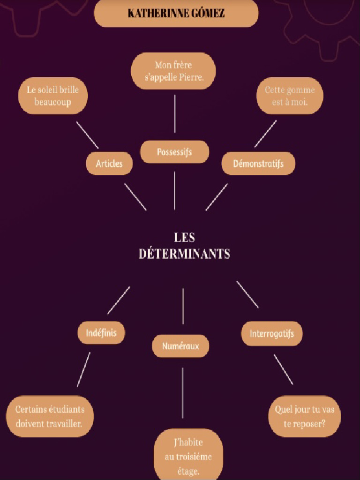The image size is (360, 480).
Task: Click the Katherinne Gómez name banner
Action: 176,13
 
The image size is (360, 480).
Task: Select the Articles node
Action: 109,164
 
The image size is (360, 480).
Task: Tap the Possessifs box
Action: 174,152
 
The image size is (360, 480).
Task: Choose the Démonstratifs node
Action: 258,164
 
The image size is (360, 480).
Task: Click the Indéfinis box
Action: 101,333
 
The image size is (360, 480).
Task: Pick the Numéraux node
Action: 180,346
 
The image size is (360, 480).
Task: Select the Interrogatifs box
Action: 272,334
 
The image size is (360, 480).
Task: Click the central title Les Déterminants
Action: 184,246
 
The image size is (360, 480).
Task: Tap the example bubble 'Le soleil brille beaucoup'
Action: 53,96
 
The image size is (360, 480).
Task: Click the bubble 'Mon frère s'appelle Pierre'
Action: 173,71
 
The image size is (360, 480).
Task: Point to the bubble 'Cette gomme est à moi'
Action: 290,96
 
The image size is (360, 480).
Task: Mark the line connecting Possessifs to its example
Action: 175,114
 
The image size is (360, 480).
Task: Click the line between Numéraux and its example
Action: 182,393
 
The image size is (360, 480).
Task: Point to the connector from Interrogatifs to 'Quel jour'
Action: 283,369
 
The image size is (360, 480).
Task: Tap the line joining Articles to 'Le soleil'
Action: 87,135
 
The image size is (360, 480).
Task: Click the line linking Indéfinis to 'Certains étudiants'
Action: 83,369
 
